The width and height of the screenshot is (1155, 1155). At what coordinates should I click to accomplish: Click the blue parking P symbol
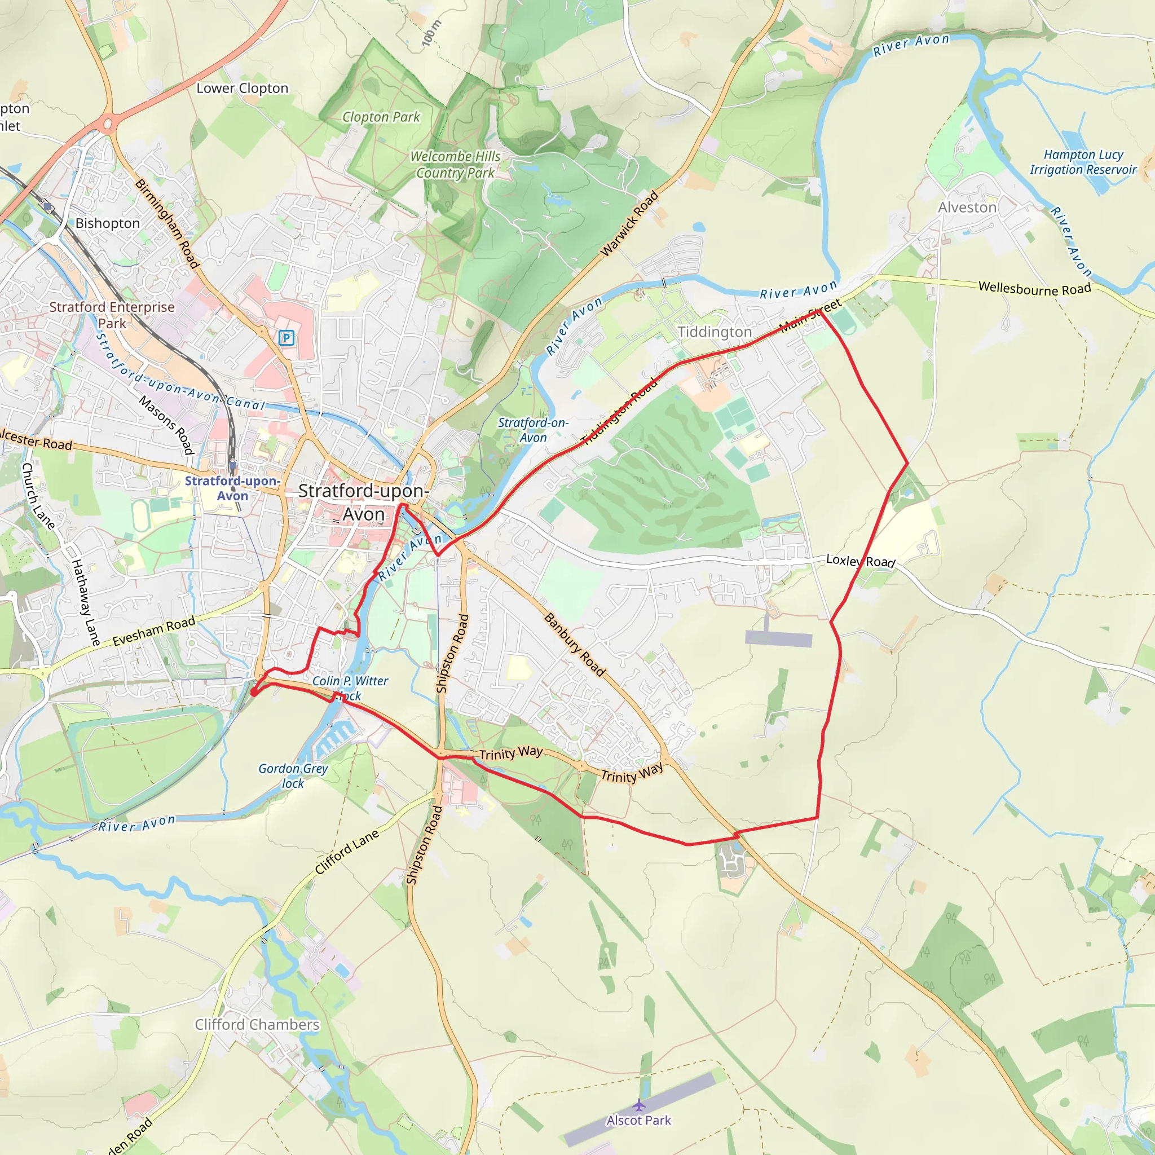286,338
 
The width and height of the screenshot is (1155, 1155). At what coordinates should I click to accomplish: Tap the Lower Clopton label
242,89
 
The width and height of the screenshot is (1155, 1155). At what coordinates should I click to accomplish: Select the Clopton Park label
381,117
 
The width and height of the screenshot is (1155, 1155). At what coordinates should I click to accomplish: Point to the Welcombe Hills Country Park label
456,165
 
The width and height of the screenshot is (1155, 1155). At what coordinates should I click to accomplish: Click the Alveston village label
967,208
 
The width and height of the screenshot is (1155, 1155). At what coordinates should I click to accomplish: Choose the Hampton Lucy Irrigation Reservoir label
1083,162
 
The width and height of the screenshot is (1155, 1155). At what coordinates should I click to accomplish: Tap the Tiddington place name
715,332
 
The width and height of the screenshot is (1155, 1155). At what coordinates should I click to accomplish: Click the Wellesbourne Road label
1035,289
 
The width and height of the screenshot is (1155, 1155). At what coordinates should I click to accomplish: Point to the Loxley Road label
860,561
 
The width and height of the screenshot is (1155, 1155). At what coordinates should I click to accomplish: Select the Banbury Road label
575,645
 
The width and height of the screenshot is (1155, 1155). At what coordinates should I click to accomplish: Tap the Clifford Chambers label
257,1025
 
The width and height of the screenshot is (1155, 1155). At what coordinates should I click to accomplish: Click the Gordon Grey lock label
293,775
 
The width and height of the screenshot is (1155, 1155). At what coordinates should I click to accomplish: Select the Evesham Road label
153,631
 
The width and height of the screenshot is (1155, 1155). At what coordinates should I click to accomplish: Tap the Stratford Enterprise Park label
112,315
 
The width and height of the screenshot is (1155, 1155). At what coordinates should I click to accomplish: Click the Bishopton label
108,223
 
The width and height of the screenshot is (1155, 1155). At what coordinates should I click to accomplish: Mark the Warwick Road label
629,223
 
